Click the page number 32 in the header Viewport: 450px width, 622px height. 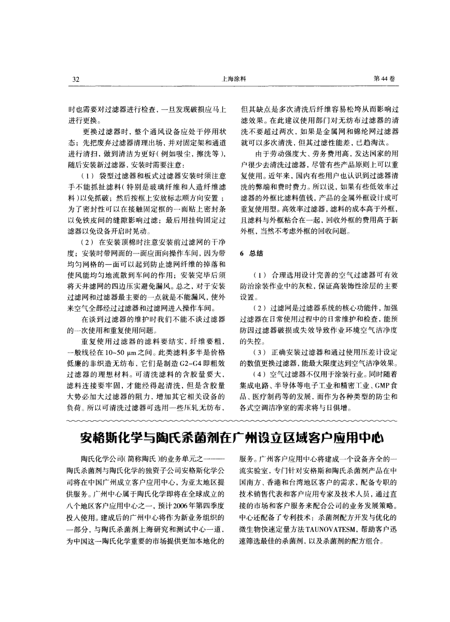[x=75, y=79]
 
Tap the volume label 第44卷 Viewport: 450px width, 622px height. [x=385, y=79]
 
